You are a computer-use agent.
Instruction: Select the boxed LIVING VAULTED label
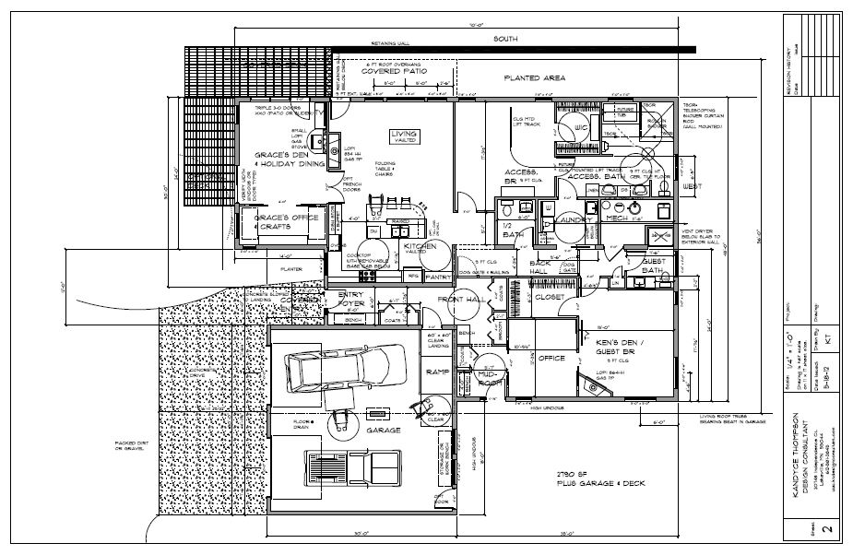coord(403,136)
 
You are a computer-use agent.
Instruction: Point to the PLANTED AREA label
coord(534,78)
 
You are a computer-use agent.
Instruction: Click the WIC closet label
coord(580,127)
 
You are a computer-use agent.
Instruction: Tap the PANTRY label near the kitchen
coord(437,275)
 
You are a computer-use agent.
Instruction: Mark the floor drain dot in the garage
coord(313,422)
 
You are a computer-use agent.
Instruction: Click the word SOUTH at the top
coord(504,40)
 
